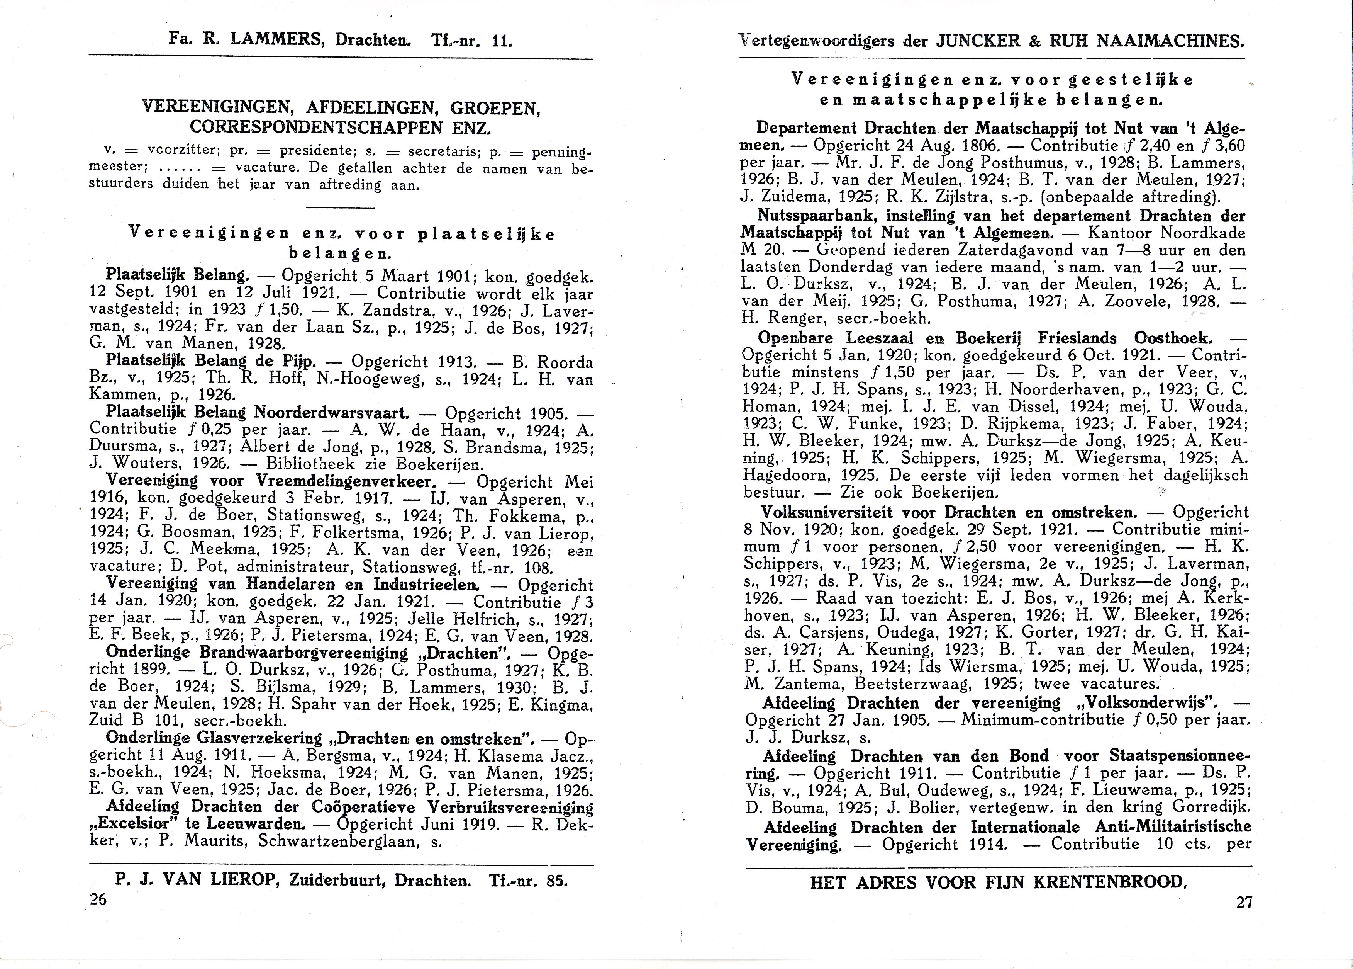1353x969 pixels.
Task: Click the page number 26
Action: (97, 899)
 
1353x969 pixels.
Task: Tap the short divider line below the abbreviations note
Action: (339, 207)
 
